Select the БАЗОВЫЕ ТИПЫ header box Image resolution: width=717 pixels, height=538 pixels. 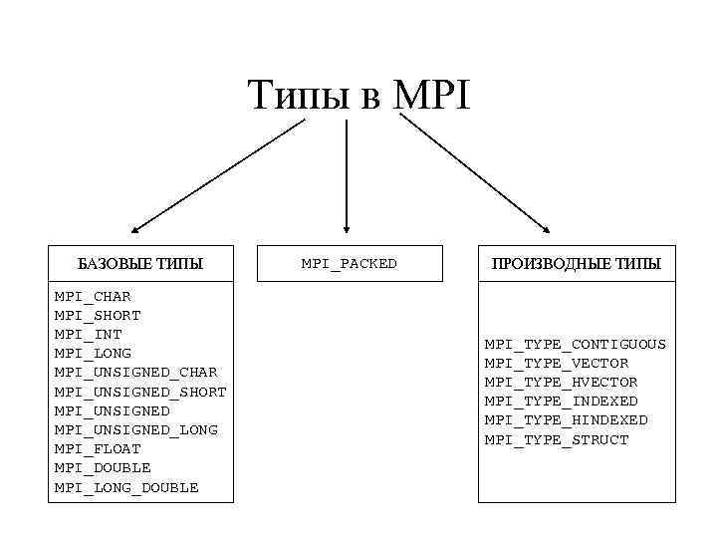coord(140,264)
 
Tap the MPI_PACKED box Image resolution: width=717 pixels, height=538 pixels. coord(349,264)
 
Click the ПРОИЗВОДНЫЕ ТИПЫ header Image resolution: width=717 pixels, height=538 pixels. coord(576,264)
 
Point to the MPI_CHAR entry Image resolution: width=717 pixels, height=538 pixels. coord(93,297)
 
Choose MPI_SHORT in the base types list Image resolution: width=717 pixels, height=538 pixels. coord(98,316)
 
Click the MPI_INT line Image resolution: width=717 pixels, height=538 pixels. coord(89,335)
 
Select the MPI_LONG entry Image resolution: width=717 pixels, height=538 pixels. coord(93,354)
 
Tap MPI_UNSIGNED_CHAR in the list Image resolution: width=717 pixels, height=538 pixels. coord(135,373)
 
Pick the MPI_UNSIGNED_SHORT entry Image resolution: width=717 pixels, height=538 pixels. coord(140,392)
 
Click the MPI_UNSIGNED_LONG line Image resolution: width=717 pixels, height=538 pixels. coord(135,430)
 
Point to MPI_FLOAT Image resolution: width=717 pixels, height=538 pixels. coord(98,449)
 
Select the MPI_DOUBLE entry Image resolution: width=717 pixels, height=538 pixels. coord(103,468)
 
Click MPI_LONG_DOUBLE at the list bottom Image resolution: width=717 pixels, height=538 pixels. coord(126,487)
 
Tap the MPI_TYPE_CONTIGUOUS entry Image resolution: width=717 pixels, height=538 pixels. coord(576,345)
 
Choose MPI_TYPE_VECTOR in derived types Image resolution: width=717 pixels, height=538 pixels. coord(557,364)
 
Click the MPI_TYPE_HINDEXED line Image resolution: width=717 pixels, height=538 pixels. coord(566,420)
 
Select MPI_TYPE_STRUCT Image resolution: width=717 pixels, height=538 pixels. coord(557,439)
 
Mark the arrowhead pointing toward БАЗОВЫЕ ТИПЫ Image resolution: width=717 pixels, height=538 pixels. coord(137,230)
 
